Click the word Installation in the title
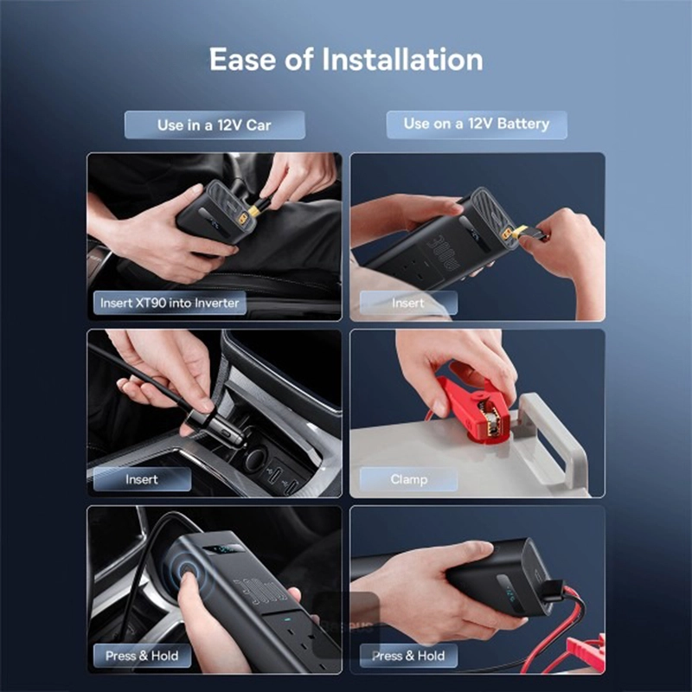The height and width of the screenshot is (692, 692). click(402, 59)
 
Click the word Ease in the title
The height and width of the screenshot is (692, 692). click(243, 59)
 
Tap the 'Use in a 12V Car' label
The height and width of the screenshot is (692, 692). click(215, 125)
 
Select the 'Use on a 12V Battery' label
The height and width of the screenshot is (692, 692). click(477, 124)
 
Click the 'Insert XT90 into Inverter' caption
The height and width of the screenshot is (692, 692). click(170, 303)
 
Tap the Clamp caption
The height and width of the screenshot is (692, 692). click(408, 479)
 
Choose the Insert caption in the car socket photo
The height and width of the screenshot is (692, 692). click(142, 479)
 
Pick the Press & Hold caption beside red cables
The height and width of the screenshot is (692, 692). click(408, 656)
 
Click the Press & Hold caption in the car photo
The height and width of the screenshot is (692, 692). click(142, 656)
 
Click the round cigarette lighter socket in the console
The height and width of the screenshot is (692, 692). click(256, 459)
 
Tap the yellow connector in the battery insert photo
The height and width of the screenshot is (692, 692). click(515, 232)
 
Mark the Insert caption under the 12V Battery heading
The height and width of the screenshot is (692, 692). click(408, 303)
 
